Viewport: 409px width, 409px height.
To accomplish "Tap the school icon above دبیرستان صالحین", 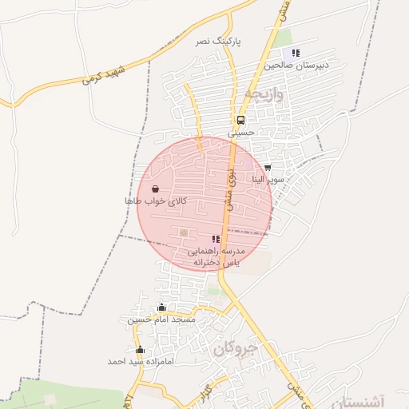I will (296, 54).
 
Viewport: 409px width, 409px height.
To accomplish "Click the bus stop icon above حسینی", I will (240, 120).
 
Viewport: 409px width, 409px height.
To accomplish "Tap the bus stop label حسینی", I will (240, 133).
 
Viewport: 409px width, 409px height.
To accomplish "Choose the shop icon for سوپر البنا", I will (267, 168).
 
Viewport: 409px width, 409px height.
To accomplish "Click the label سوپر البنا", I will (267, 180).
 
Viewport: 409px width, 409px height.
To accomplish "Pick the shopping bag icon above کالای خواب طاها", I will (154, 189).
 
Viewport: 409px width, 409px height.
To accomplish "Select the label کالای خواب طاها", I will (155, 201).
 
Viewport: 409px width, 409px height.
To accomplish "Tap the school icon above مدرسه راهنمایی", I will (216, 239).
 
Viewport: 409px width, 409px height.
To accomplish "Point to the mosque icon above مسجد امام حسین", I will (161, 308).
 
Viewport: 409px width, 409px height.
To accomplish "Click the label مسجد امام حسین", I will (161, 320).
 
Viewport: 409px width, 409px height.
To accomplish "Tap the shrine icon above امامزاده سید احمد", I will (140, 350).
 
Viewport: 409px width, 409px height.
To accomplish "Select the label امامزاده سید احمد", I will (140, 361).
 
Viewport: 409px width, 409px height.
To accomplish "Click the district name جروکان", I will (237, 350).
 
